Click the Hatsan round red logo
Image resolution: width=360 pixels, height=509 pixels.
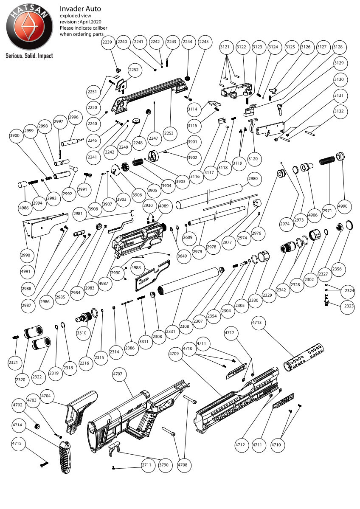(29, 29)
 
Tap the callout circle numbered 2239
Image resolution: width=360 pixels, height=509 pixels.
(108, 42)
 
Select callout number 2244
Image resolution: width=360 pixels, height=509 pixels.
(188, 42)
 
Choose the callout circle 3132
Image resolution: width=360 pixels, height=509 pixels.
(338, 111)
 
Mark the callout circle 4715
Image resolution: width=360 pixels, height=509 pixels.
(17, 444)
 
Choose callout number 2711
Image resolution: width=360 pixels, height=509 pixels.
(147, 465)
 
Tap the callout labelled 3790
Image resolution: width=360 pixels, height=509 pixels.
(163, 465)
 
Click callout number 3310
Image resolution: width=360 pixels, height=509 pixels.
(82, 333)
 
